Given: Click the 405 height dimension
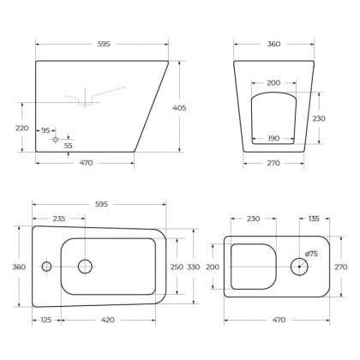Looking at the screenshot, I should click(193, 109).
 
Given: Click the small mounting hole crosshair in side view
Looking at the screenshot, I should click(56, 138).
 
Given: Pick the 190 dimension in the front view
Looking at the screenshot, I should click(273, 137).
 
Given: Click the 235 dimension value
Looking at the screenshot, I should click(60, 219).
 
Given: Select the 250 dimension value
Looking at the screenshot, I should click(177, 267).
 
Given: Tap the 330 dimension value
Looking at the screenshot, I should click(194, 267).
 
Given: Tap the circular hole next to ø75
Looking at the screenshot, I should click(299, 267).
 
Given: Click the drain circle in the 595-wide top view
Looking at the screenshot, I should click(86, 267).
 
